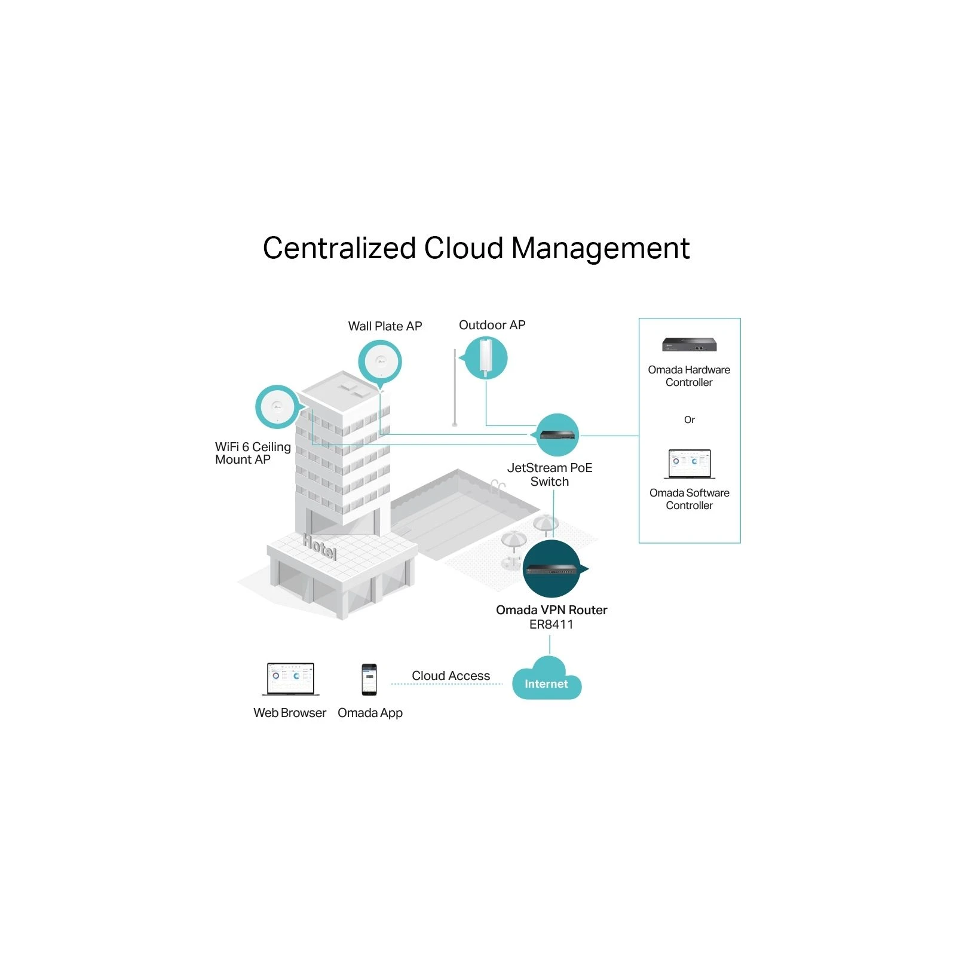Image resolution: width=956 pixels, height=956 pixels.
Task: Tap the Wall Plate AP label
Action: [x=385, y=326]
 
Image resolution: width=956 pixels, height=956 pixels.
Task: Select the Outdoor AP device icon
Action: [x=486, y=357]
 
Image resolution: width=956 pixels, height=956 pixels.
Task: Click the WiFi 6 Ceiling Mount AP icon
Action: [x=277, y=407]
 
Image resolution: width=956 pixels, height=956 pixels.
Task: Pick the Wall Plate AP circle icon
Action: [x=380, y=361]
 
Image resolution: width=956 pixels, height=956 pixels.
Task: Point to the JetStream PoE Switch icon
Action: [x=557, y=434]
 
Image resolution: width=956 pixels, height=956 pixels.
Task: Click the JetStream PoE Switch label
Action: [x=550, y=474]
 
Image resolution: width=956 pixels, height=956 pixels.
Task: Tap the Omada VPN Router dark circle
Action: [x=551, y=568]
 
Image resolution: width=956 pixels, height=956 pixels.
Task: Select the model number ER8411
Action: [x=551, y=624]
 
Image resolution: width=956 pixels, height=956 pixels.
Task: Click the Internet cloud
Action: [x=547, y=681]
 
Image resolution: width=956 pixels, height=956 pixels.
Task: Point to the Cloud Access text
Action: [x=451, y=675]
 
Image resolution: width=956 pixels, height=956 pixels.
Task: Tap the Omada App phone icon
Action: [x=369, y=679]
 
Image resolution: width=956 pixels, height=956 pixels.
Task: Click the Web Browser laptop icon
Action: [x=290, y=679]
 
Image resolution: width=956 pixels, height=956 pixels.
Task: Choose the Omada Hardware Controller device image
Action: [x=689, y=345]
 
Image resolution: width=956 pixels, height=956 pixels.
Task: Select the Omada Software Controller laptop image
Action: [x=690, y=464]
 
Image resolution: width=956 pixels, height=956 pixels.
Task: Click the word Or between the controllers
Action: [x=690, y=420]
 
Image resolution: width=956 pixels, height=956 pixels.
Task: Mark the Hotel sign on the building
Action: [x=320, y=546]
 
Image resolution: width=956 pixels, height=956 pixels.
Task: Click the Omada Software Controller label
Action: [x=690, y=499]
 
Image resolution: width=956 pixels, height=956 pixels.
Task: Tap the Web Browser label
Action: [x=290, y=713]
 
